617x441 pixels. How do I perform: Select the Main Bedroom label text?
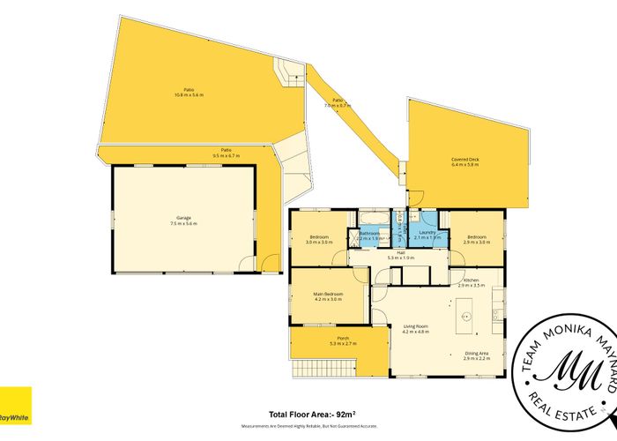[327, 295]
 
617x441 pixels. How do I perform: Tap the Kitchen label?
[471, 280]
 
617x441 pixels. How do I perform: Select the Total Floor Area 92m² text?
[308, 414]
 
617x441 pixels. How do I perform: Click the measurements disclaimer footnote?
[308, 425]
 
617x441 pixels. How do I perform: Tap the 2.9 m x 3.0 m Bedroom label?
[477, 240]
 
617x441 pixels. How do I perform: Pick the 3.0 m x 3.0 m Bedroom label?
[319, 239]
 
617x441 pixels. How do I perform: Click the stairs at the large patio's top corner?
[288, 71]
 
